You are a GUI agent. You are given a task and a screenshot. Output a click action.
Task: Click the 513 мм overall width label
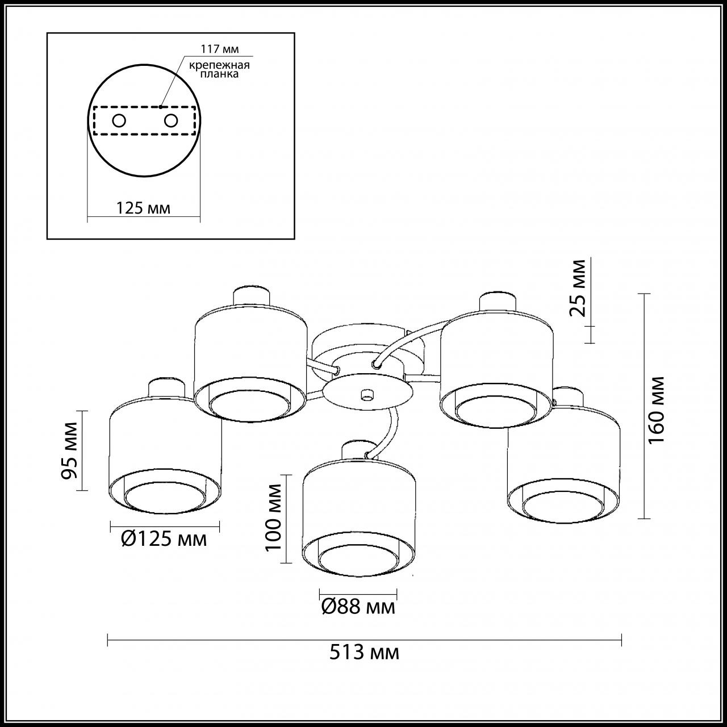click(364, 653)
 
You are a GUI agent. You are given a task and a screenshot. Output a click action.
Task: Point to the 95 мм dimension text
click(70, 450)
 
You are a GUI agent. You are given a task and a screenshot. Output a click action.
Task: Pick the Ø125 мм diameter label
click(164, 538)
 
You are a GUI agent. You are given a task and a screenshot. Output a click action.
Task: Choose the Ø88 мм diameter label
click(358, 607)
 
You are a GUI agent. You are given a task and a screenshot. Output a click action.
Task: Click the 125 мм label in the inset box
click(143, 208)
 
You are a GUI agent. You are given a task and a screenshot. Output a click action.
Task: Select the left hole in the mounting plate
click(119, 120)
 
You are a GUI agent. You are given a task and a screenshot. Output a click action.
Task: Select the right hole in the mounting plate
click(170, 120)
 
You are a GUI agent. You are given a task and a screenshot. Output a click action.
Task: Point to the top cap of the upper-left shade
click(250, 295)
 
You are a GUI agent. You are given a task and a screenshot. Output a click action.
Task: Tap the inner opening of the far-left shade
click(165, 498)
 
